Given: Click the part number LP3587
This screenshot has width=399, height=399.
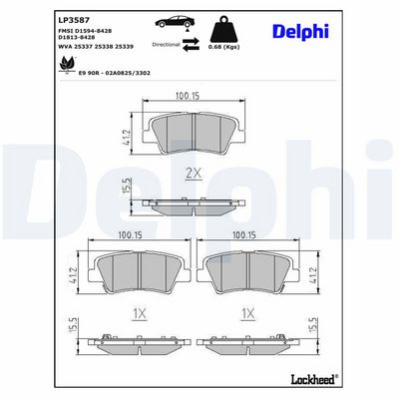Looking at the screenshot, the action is [74, 20].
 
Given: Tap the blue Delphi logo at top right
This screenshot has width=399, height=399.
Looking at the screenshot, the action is [300, 32].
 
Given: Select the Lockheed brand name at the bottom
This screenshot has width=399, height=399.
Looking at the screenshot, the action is [314, 379].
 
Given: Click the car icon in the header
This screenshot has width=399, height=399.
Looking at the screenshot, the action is [175, 22].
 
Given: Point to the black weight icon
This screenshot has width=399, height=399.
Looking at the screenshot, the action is [223, 29].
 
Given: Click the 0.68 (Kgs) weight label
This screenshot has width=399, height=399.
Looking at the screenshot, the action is [223, 47].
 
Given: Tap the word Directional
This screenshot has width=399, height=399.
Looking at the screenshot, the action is [166, 44].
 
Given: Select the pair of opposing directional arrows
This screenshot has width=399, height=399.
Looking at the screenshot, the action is [191, 44].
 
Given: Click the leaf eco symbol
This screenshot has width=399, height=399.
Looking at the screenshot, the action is [67, 64].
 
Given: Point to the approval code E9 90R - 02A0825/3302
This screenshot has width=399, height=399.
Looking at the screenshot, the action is [115, 73].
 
